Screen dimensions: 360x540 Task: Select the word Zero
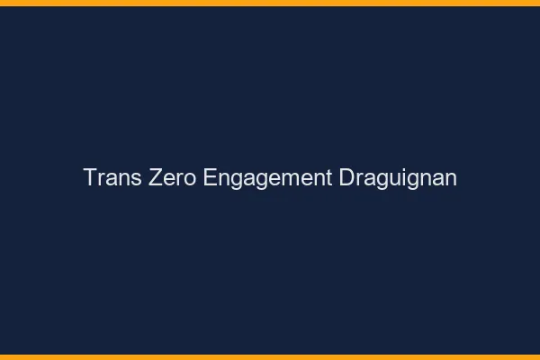(x=167, y=178)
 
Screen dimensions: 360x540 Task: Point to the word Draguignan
(x=398, y=178)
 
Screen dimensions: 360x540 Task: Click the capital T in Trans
(x=89, y=178)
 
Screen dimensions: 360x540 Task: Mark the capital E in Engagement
(x=210, y=178)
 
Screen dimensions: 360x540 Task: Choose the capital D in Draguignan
(x=346, y=178)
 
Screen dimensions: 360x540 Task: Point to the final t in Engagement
(x=328, y=178)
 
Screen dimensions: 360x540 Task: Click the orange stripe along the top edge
(x=270, y=3)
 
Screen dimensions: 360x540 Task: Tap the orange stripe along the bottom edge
(x=270, y=356)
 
